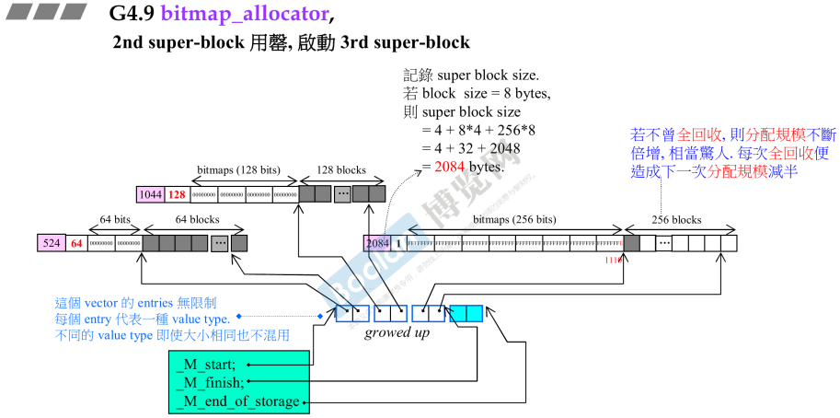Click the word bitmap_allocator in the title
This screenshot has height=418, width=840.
coord(243,14)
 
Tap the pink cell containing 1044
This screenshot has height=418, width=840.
coord(149,194)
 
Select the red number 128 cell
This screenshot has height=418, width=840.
coord(177,194)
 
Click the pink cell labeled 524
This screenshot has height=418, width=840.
coord(51,244)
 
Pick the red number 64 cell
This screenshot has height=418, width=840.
coord(77,244)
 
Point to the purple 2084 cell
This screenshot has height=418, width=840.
coord(377,244)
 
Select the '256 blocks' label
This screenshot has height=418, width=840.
coord(675,220)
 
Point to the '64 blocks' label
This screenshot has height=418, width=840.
coord(198,220)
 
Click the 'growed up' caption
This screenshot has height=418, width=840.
coord(397,331)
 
